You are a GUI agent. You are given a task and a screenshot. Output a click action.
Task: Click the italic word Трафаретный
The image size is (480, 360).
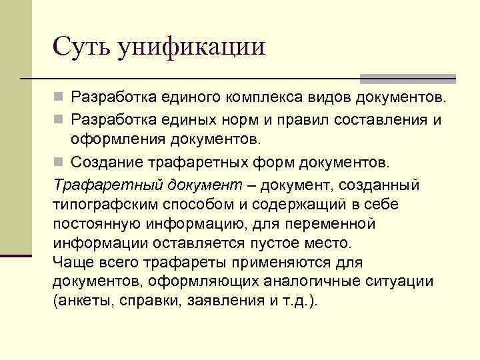click(99, 185)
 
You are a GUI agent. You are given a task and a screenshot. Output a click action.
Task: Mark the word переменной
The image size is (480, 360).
click(326, 223)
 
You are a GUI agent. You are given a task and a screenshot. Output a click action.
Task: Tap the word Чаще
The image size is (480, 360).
click(70, 262)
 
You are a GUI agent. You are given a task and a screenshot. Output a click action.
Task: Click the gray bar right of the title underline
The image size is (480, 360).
click(408, 78)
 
